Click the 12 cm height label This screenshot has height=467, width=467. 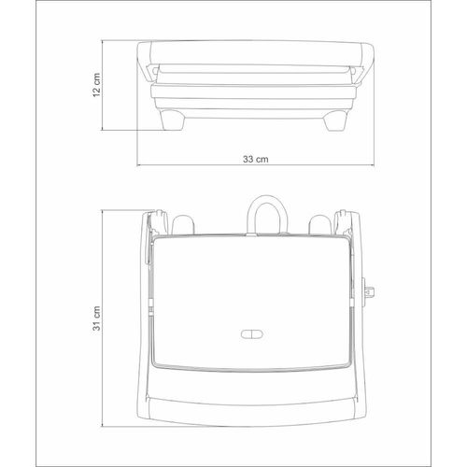pos(97,85)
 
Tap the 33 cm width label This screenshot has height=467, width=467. pos(256,159)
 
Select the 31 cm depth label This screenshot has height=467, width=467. pos(97,318)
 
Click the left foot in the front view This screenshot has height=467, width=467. pos(172,119)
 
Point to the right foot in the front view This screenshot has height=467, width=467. pos(334,120)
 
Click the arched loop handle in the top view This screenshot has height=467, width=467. pos(267,198)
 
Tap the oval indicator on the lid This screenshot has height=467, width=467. pos(252,334)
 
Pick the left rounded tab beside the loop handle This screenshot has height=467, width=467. pos(183,224)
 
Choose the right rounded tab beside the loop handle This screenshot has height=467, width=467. pos(320,224)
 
